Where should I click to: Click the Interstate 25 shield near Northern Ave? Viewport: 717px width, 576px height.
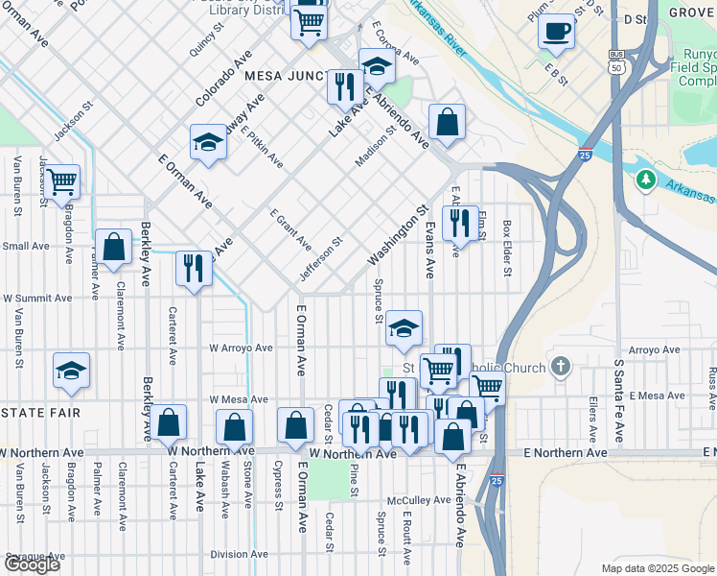496,478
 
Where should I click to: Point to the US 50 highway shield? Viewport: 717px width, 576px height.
616,64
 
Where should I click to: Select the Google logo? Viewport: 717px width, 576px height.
31,564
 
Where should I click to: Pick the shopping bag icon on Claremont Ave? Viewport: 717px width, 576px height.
114,247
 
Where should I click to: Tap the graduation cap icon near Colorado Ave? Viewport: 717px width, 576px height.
207,143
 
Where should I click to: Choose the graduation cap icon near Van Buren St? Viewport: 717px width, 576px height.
71,371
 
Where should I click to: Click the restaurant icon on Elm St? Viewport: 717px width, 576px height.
461,224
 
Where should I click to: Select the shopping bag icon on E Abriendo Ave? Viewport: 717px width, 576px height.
447,122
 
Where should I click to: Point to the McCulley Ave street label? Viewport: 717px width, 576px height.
419,500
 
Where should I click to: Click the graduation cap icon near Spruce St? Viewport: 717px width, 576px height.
404,329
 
